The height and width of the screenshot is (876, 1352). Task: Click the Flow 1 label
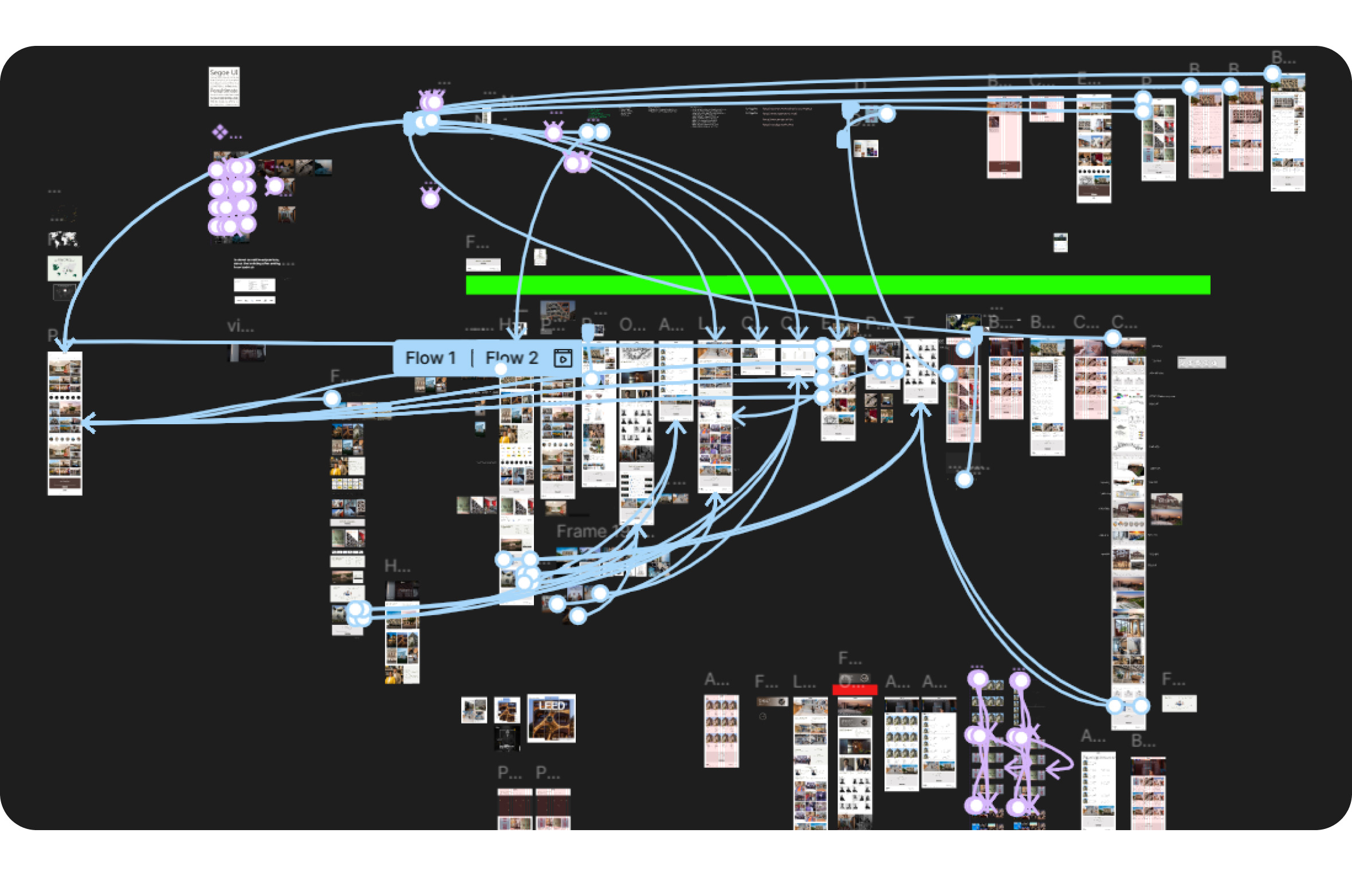coord(430,358)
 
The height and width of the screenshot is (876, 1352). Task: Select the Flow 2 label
coord(511,358)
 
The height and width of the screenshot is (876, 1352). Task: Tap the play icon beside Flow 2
coord(563,359)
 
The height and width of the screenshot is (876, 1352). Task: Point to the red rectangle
coord(854,690)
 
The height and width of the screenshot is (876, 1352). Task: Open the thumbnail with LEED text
coord(551,718)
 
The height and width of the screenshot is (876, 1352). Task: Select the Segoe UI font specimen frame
coord(224,87)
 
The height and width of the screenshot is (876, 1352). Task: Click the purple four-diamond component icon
coord(219,132)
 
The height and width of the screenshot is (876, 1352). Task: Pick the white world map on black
coord(62,238)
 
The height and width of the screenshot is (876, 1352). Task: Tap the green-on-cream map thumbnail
coord(64,268)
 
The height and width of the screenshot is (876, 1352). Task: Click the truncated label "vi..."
coord(240,326)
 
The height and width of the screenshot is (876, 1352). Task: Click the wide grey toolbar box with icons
coord(1201,362)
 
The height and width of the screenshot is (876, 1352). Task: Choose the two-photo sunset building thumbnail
coord(1166,509)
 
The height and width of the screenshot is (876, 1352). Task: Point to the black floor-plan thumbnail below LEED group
coord(506,738)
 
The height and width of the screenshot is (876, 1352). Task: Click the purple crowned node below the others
coord(430,198)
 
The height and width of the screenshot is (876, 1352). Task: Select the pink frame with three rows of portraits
coord(721,731)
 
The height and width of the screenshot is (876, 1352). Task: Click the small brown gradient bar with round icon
coord(772,702)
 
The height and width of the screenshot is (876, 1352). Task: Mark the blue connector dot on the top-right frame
coord(1272,73)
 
